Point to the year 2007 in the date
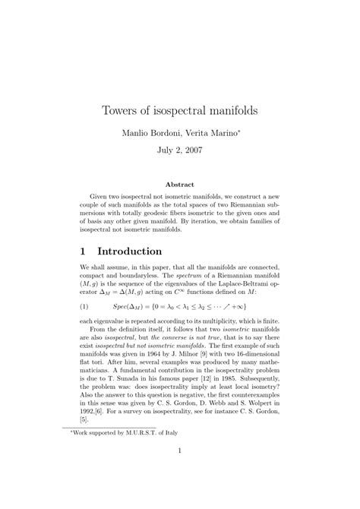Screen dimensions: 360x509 (x=195, y=151)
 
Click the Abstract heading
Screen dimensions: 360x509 (x=180, y=185)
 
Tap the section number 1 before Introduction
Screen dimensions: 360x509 (x=84, y=251)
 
